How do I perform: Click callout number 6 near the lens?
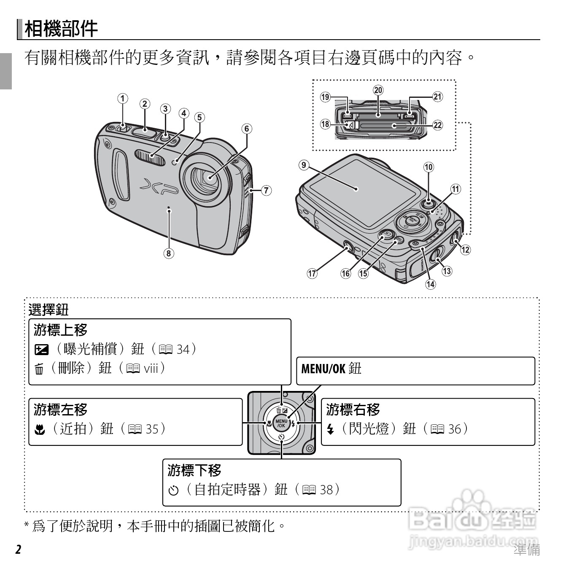click(x=247, y=128)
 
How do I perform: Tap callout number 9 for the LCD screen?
click(x=304, y=164)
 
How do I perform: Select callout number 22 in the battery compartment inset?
click(x=438, y=124)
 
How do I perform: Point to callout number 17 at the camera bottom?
click(x=312, y=273)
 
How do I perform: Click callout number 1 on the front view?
click(x=122, y=99)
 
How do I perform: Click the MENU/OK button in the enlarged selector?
click(x=281, y=423)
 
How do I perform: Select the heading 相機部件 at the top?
click(x=61, y=29)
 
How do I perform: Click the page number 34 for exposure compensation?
click(x=183, y=349)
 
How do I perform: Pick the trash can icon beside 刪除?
click(x=39, y=369)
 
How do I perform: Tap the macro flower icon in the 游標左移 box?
click(x=39, y=430)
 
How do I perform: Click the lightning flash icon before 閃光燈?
click(x=331, y=430)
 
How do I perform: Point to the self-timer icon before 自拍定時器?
click(x=173, y=490)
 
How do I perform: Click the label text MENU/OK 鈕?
click(x=331, y=369)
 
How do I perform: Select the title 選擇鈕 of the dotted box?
click(x=48, y=310)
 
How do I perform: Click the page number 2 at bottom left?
click(x=18, y=550)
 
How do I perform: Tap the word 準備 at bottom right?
click(x=527, y=550)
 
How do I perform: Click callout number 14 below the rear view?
click(x=430, y=284)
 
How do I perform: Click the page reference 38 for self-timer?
click(x=326, y=490)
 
